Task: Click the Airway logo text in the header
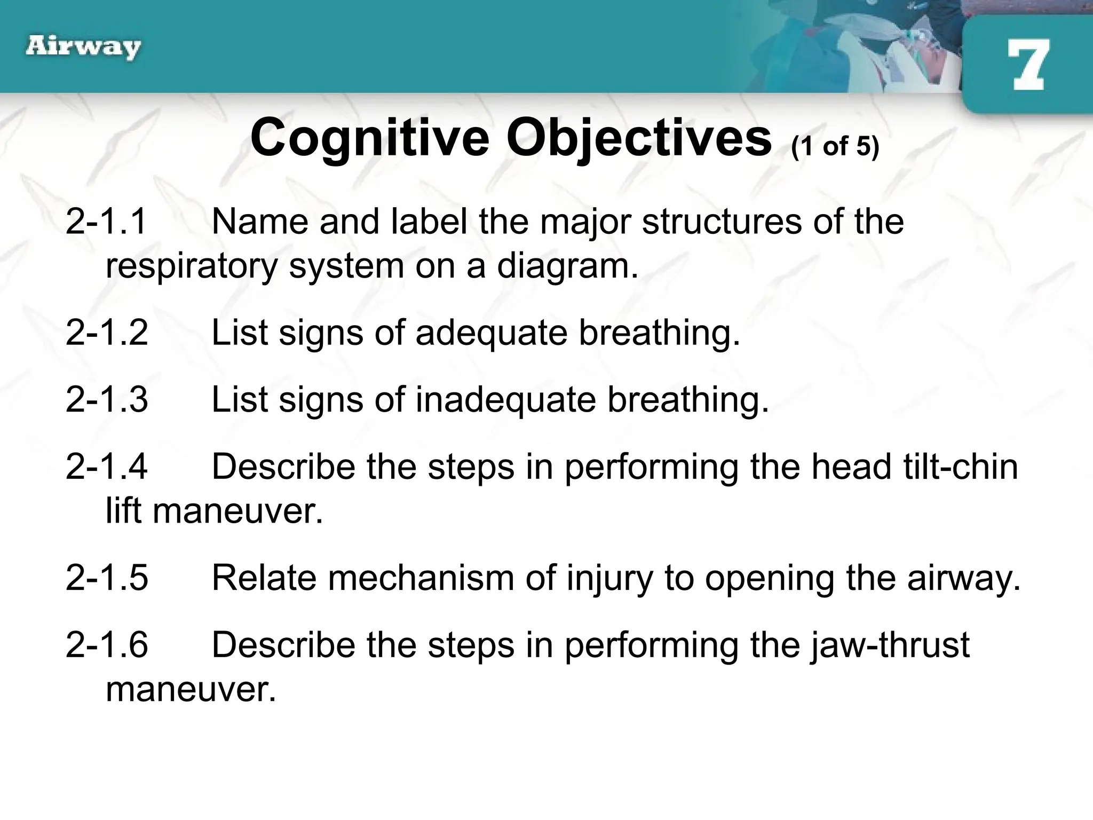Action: (83, 48)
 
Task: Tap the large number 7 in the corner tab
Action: (1028, 66)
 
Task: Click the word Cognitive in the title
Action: (369, 138)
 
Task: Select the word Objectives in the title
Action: (638, 138)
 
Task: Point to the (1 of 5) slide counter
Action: (835, 146)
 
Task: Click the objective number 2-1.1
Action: (106, 221)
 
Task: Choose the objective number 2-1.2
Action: (106, 332)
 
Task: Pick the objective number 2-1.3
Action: (106, 399)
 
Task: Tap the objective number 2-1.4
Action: (106, 467)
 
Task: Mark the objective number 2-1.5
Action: (106, 578)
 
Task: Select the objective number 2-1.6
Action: (106, 645)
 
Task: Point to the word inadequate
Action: (505, 400)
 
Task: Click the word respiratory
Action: (192, 266)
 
